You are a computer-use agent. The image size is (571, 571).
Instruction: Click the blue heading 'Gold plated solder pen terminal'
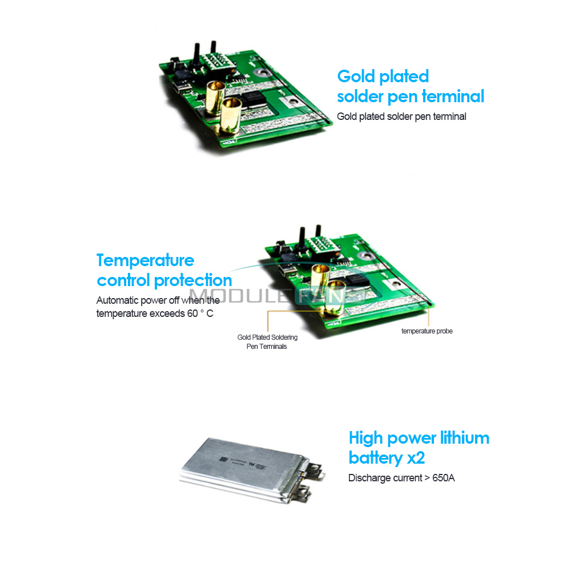pos(411,87)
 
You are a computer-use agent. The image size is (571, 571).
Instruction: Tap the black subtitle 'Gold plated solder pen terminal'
pos(401,116)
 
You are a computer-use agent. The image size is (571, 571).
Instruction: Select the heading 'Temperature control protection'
pos(164,271)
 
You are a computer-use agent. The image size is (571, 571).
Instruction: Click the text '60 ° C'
pos(200,313)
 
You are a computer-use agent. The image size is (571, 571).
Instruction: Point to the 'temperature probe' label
pos(427,331)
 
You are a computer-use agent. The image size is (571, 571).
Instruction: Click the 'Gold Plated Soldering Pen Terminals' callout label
pos(267,342)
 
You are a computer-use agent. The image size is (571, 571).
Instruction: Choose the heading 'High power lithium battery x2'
pos(419,448)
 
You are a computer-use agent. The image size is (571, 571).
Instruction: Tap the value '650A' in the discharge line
pos(444,478)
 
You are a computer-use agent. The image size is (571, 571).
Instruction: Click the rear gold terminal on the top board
pos(215,98)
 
